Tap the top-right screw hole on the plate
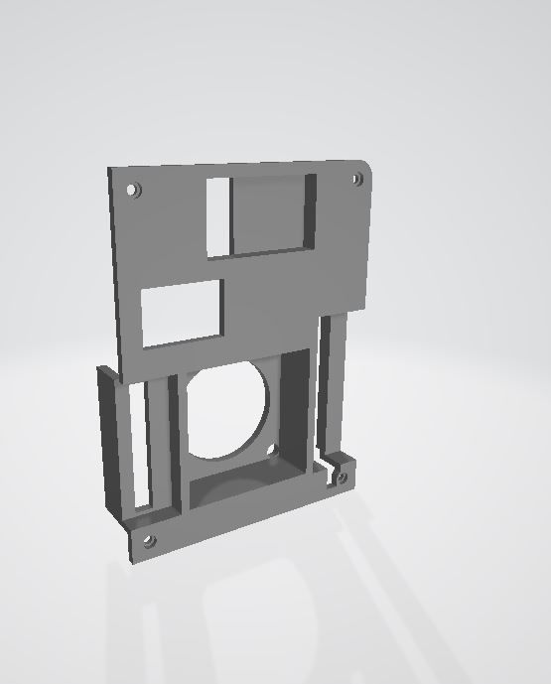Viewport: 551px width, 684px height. pos(357,180)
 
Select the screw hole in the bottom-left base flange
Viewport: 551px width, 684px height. pos(150,541)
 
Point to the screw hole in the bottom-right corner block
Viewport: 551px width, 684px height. pos(343,478)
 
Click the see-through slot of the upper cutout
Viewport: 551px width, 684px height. pos(218,216)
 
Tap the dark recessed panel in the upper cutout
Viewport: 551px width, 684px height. pos(268,213)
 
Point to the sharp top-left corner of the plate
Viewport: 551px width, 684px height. pos(109,170)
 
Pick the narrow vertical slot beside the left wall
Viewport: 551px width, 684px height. pos(138,447)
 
